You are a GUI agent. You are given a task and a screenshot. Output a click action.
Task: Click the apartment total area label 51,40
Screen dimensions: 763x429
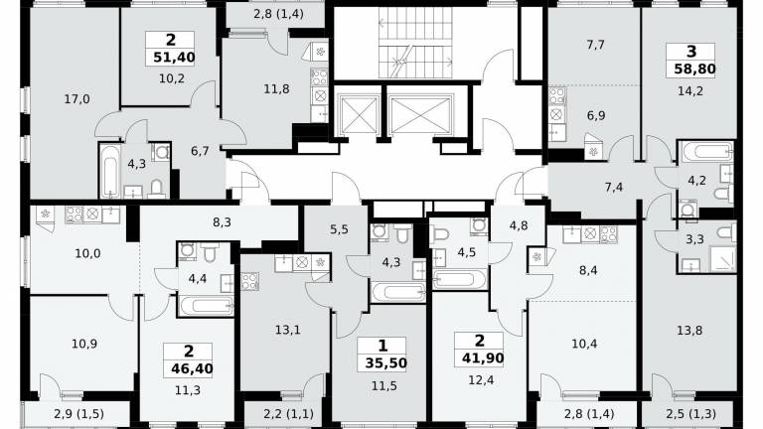[x=174, y=58]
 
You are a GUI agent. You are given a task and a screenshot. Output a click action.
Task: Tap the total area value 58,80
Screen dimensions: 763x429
[x=694, y=70]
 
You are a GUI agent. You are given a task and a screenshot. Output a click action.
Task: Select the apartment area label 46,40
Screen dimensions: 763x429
[x=192, y=369]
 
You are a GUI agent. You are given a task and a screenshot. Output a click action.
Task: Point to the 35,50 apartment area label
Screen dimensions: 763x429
[x=385, y=362]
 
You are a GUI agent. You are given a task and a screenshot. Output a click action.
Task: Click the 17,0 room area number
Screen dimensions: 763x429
[x=76, y=99]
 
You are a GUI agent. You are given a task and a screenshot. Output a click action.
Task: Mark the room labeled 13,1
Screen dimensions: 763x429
[x=287, y=330]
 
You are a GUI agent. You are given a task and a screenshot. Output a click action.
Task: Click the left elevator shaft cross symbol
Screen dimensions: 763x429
[x=359, y=115]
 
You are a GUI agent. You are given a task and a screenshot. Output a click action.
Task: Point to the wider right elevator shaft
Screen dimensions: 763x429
[x=420, y=115]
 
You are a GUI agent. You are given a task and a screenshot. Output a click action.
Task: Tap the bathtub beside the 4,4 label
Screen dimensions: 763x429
[x=207, y=306]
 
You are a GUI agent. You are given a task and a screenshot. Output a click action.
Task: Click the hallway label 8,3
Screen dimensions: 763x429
[x=222, y=222]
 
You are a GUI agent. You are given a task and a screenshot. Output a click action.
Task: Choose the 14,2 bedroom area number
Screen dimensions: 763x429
[x=690, y=91]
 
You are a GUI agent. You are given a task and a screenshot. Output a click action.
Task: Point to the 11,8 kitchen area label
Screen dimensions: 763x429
[x=276, y=89]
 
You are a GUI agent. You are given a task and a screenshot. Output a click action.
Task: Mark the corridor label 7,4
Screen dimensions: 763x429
[x=614, y=188]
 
